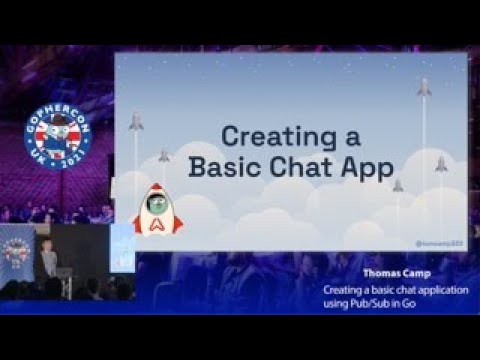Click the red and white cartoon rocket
[158, 208]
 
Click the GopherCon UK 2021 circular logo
[58, 138]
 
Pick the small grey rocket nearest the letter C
[164, 156]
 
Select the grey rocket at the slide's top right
[424, 88]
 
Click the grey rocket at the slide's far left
[136, 122]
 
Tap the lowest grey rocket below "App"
[398, 186]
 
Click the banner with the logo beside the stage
[17, 252]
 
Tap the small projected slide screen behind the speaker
[120, 247]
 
